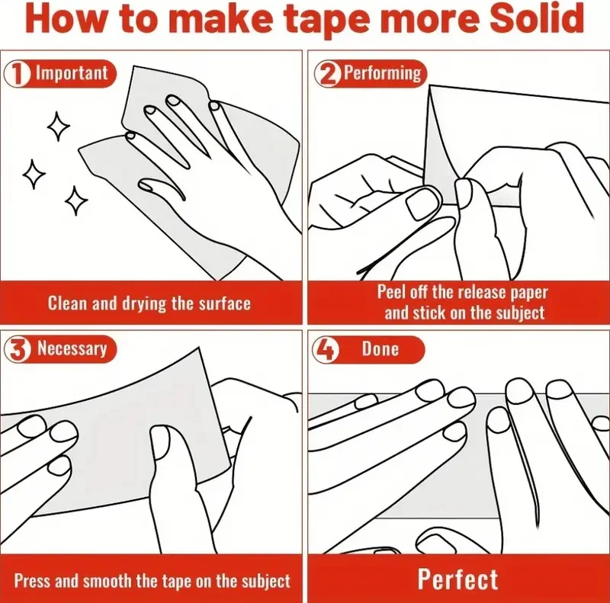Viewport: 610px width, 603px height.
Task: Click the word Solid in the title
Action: click(536, 18)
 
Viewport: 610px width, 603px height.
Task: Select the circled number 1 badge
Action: click(17, 73)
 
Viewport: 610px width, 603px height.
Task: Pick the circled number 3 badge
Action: click(17, 349)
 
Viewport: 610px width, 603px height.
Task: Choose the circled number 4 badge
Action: click(326, 349)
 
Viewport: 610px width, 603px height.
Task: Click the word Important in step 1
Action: click(72, 73)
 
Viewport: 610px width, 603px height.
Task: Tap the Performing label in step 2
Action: click(383, 72)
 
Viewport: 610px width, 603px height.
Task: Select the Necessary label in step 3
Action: click(72, 348)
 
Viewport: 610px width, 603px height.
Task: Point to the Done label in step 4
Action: click(380, 348)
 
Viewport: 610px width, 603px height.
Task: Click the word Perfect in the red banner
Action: click(458, 579)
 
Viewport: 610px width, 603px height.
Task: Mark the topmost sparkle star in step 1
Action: click(59, 127)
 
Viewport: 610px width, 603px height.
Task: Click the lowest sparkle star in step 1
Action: click(76, 200)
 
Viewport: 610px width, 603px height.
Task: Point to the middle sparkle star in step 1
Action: click(34, 175)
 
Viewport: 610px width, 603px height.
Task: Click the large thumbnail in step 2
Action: click(423, 203)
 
